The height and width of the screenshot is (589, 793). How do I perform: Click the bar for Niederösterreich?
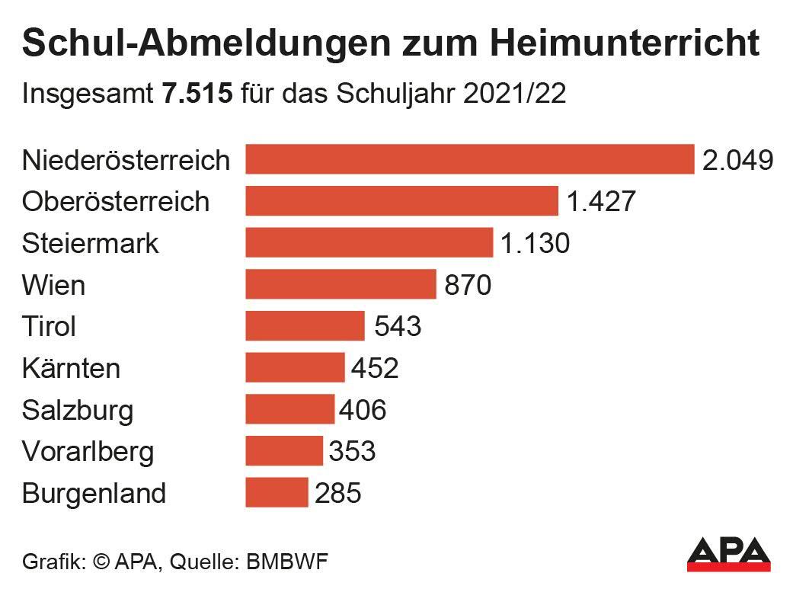coord(469,160)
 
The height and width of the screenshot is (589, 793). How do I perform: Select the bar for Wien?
coord(341,285)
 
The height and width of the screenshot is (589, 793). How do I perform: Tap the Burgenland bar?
coord(277,493)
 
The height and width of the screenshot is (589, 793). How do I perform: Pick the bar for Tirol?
coord(305,327)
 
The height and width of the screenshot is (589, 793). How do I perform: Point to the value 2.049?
coord(737,160)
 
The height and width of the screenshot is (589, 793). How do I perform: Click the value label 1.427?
coord(600,202)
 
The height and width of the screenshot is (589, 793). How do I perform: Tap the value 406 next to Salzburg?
coord(363,411)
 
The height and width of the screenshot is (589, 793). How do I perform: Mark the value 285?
coord(337,494)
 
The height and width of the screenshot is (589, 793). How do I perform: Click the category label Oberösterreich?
coord(116,202)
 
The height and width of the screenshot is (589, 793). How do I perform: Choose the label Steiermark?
coord(91,244)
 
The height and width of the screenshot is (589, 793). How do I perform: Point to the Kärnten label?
coord(72,369)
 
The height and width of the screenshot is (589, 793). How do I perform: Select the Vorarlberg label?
coord(88,452)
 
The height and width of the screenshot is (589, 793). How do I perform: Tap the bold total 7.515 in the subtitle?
coord(197,96)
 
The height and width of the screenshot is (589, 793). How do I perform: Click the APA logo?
coord(728,554)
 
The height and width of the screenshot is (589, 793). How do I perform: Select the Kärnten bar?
coord(295,368)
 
